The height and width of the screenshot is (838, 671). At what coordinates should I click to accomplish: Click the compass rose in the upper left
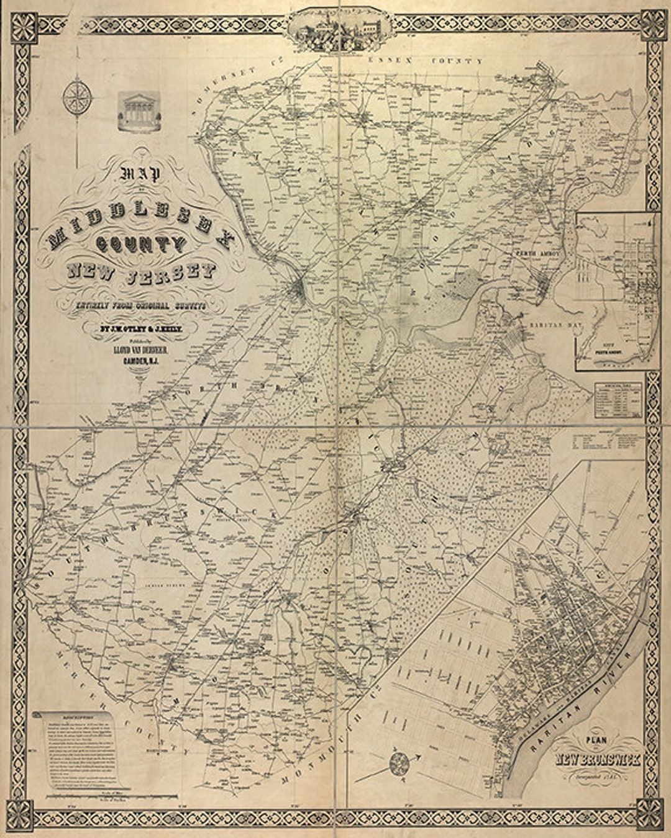(78, 98)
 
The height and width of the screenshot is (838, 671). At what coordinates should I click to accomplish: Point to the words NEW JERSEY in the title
(142, 272)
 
